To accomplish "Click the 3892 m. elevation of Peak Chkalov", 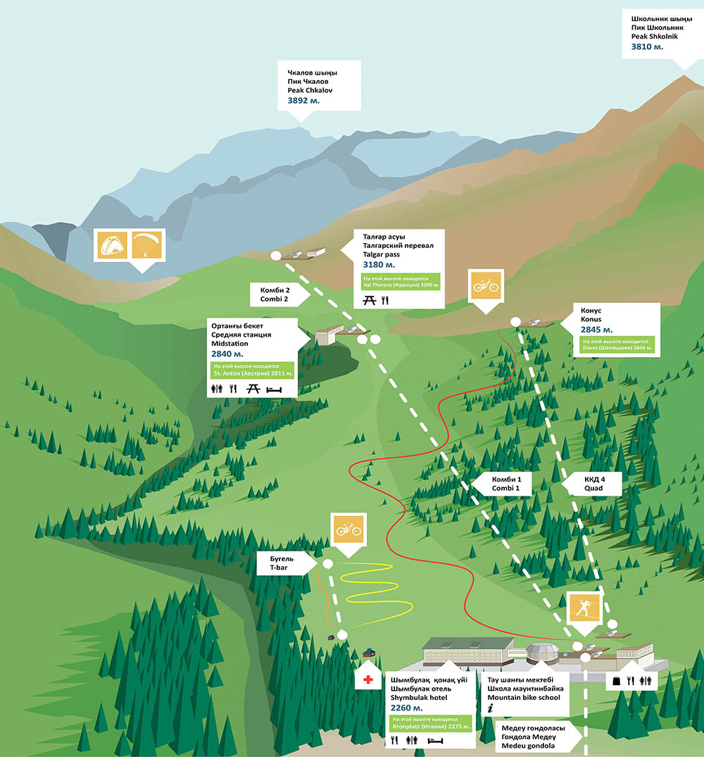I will [303, 101].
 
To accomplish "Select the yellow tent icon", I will [112, 245].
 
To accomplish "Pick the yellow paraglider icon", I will [147, 245].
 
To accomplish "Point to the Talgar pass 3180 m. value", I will [379, 265].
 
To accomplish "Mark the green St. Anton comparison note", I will [251, 370].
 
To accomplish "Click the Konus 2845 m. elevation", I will [596, 329].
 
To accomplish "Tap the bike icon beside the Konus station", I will [486, 287].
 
